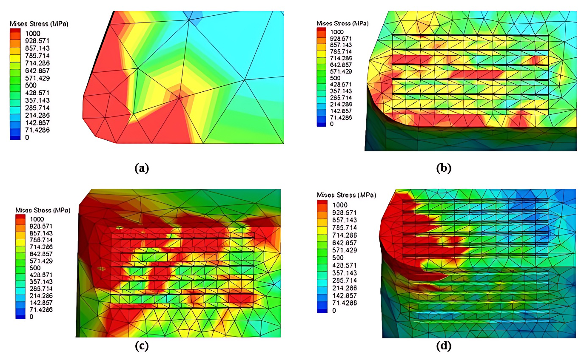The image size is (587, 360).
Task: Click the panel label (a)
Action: pos(142,168)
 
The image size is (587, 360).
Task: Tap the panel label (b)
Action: pos(444,168)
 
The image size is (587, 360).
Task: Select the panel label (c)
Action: pos(142,346)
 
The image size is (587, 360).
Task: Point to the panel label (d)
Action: pos(443,346)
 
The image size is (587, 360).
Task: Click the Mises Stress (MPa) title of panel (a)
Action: pos(39,24)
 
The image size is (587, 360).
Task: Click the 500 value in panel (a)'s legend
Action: pos(31,85)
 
